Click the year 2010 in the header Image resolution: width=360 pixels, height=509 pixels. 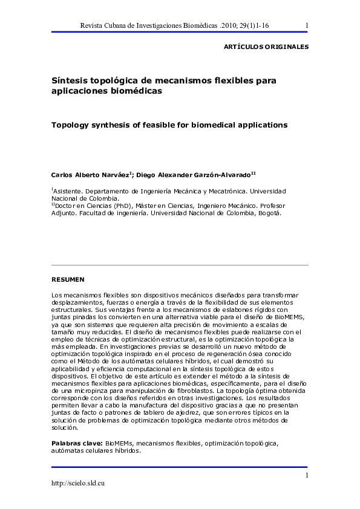coord(236,25)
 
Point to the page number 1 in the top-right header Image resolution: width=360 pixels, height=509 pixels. coord(307,25)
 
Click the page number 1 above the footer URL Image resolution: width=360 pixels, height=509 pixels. coord(307,475)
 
